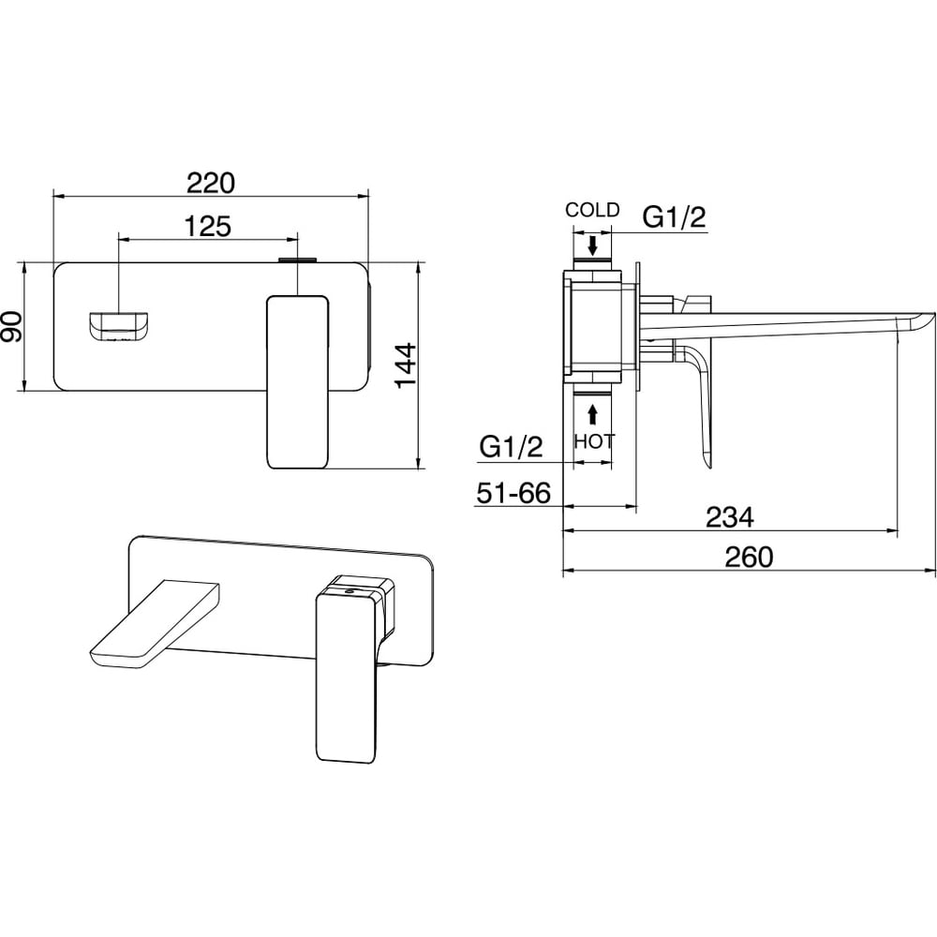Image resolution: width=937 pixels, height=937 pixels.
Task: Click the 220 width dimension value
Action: point(210,184)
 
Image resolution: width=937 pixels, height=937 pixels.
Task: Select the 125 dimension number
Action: point(207,227)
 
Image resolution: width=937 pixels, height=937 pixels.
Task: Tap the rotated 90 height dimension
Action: point(12,327)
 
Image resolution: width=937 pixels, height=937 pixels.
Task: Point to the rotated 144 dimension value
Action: point(406,365)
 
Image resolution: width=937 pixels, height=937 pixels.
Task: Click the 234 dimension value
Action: point(730,517)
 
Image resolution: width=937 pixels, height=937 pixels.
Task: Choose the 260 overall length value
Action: point(749,557)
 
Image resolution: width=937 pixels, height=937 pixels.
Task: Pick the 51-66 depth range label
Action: point(513,494)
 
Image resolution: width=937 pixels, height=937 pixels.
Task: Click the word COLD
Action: point(592,210)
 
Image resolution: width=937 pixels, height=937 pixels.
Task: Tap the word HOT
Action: point(593,441)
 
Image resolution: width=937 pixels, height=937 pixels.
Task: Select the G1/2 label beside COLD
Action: point(674,217)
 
